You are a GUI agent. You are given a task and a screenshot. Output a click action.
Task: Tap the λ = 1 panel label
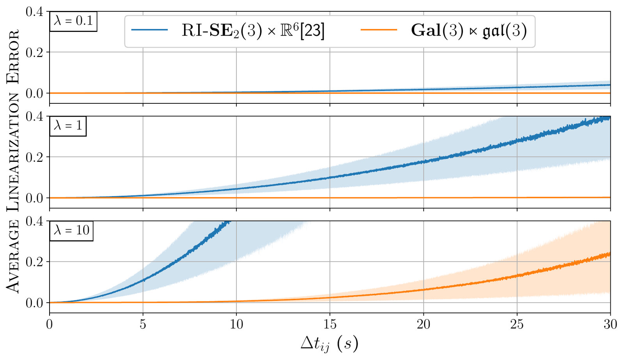click(x=68, y=126)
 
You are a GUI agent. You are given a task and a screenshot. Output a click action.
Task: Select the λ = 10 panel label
click(x=71, y=230)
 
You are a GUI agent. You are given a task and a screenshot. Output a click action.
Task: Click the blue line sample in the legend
click(x=150, y=30)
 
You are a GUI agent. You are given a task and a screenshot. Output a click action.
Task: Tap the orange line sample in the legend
click(x=379, y=30)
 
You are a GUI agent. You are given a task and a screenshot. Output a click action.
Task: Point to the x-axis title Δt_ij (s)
click(x=330, y=343)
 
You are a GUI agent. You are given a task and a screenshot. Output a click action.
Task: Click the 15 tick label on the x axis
click(x=330, y=325)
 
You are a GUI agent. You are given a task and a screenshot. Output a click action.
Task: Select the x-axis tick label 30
click(x=610, y=325)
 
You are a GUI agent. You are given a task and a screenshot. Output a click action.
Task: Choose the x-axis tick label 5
click(x=143, y=325)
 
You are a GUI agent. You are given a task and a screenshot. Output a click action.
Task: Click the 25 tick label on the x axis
click(x=517, y=325)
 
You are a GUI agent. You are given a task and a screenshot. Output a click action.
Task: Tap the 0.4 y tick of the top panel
click(x=34, y=12)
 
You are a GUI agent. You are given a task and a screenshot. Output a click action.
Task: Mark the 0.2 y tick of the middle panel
click(x=34, y=157)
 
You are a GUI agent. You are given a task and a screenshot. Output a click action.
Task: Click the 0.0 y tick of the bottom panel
click(x=34, y=303)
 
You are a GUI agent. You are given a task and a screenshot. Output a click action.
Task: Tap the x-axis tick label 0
click(x=50, y=325)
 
